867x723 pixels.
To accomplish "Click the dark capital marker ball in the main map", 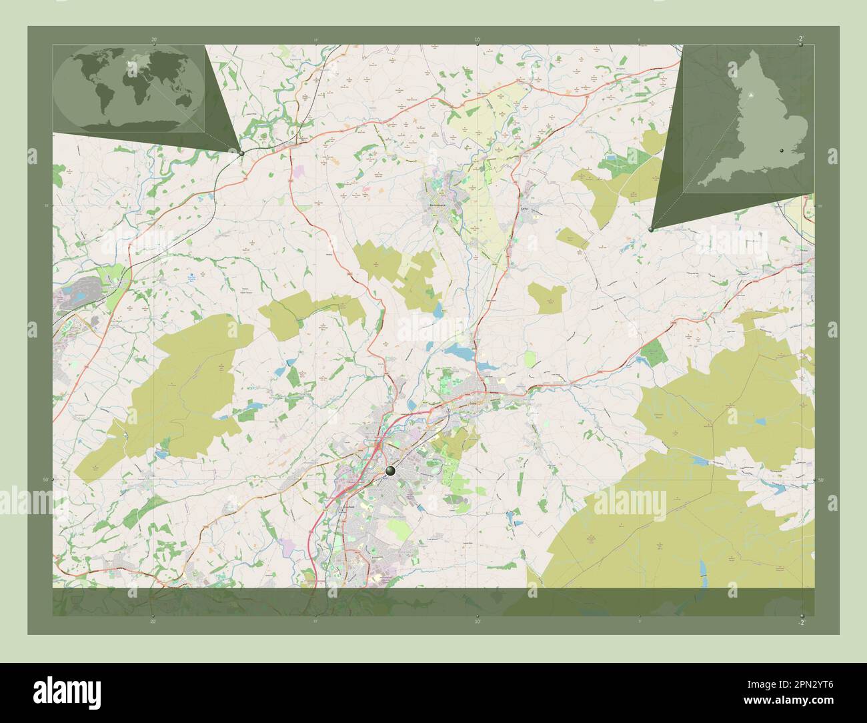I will [390, 471].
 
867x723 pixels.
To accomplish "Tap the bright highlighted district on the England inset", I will [752, 96].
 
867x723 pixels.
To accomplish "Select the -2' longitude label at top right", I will [799, 39].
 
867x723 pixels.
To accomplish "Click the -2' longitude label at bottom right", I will [800, 622].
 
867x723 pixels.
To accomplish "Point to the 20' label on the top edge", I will [153, 40].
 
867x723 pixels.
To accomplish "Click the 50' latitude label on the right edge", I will [820, 480].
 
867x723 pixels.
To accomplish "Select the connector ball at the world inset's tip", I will [241, 153].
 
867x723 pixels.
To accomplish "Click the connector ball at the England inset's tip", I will [651, 229].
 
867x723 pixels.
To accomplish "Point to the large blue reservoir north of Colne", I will [459, 351].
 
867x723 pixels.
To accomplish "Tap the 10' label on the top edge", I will [476, 40].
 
